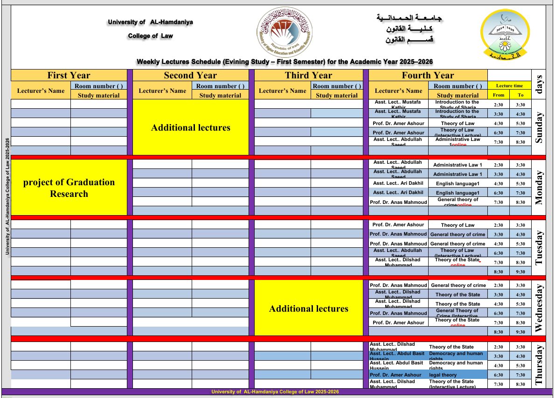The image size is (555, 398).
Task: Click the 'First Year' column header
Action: click(x=69, y=75)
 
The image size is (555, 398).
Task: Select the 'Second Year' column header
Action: click(x=190, y=75)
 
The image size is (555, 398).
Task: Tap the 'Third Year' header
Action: click(x=308, y=75)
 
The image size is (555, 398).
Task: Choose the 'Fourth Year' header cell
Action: click(x=428, y=75)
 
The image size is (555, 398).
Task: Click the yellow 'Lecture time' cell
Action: click(x=509, y=86)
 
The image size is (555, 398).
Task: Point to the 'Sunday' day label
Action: click(x=539, y=127)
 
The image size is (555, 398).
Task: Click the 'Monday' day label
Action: click(x=539, y=188)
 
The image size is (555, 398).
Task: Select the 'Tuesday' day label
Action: click(x=539, y=248)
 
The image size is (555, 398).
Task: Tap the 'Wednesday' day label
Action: click(x=539, y=308)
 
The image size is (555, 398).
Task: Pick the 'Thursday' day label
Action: click(x=539, y=365)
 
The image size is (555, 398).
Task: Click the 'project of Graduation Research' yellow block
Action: click(x=69, y=188)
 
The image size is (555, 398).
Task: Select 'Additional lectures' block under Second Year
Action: click(x=191, y=127)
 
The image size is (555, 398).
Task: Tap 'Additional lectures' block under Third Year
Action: click(x=309, y=308)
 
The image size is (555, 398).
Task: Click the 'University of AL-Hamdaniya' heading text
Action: click(x=150, y=22)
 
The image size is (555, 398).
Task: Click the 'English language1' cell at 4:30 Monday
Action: click(x=458, y=183)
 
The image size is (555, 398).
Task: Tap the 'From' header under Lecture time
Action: click(x=499, y=95)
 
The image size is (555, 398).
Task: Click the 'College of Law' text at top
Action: click(x=150, y=36)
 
